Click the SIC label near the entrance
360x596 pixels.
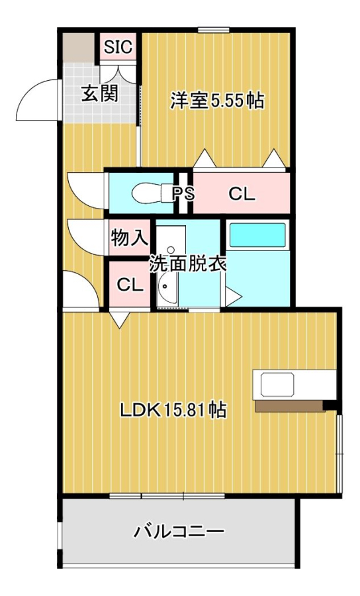118,47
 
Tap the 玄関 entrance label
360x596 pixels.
100,93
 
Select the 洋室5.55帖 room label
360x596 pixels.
217,101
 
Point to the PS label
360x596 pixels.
183,194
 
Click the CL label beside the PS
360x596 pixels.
242,194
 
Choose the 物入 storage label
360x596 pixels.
129,238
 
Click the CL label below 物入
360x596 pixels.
130,284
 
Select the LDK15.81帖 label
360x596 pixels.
173,410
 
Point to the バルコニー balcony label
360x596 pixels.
179,531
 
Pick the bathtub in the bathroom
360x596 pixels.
257,235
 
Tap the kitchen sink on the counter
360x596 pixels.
277,384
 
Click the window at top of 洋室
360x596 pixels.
213,30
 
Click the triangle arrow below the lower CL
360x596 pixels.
119,319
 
